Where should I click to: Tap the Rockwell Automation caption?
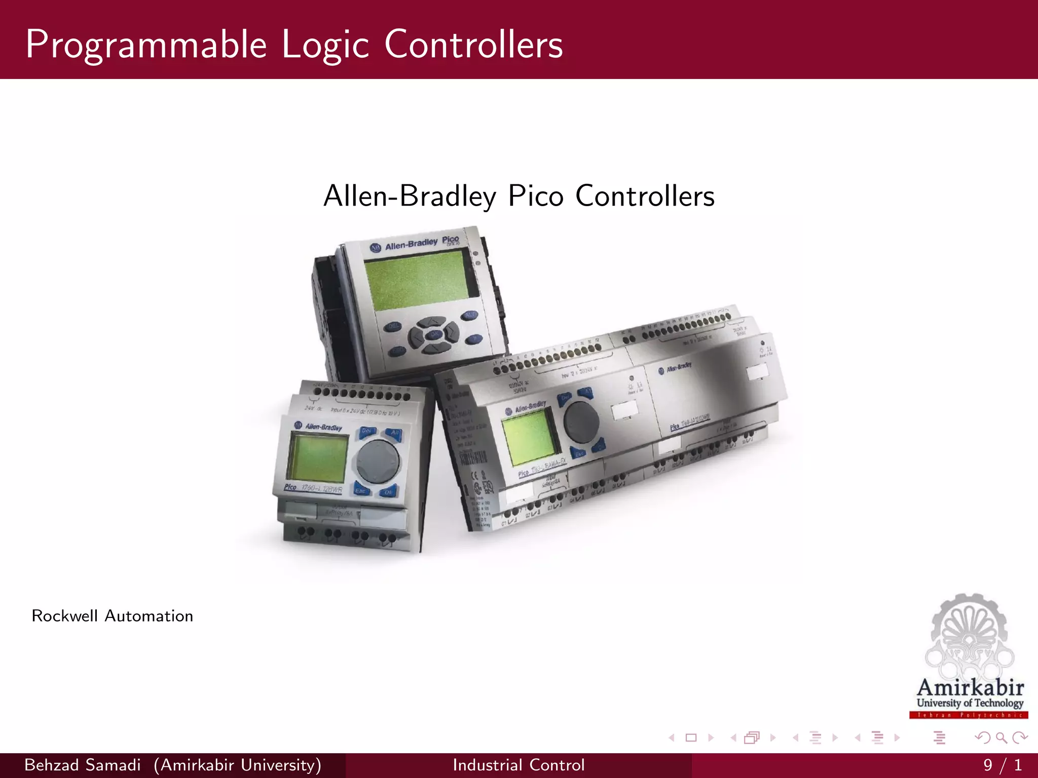(112, 616)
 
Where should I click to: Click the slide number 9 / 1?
(1002, 765)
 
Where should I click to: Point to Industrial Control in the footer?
(518, 765)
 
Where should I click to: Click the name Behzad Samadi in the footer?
(82, 765)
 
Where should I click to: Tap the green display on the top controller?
(421, 280)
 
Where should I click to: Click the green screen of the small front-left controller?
(317, 458)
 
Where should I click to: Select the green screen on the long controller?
(530, 436)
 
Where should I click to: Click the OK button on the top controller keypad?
(434, 334)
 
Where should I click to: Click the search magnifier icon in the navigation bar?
(1001, 737)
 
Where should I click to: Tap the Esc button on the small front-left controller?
(361, 490)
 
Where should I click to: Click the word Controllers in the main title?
(473, 45)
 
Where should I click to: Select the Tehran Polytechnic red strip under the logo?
(969, 715)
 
